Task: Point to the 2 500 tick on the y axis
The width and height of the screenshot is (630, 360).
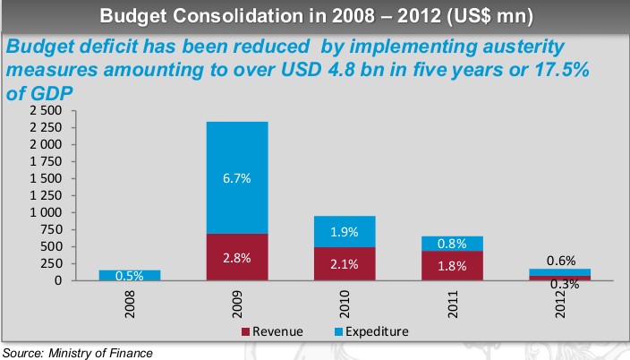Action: tap(46, 110)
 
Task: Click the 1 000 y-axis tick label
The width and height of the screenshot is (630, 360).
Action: tap(46, 213)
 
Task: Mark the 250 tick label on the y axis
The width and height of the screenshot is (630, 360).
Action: tap(52, 264)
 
